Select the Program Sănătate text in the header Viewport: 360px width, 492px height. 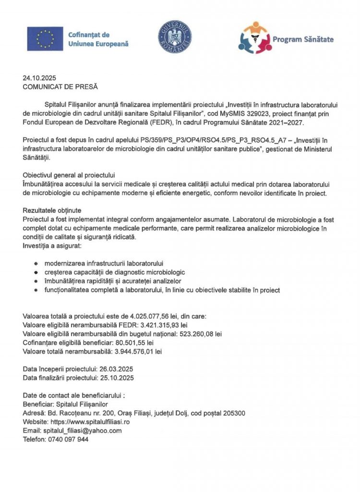303,39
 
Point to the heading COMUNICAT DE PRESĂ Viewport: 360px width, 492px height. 60,87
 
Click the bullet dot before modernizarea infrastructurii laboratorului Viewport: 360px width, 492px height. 36,264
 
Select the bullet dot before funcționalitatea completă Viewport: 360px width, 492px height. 36,290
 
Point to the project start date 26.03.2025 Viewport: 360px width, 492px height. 116,369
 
